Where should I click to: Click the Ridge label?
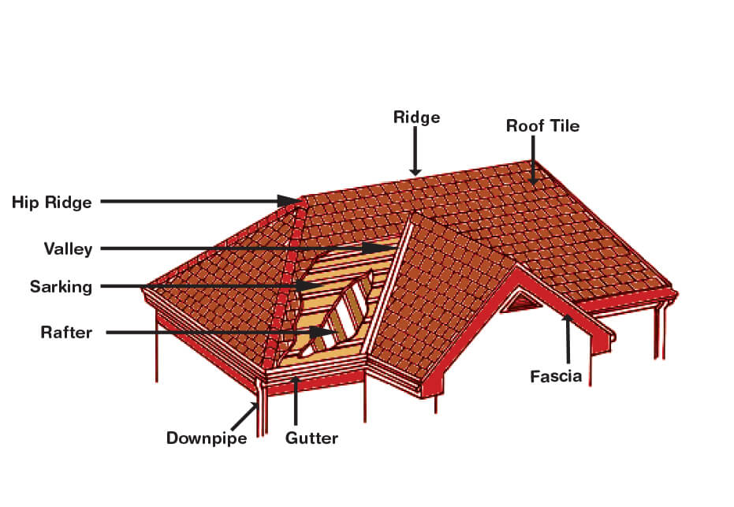[416, 117]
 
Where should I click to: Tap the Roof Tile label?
[542, 126]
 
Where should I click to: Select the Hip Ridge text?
[51, 203]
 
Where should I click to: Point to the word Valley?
[68, 248]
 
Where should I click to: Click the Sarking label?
[61, 286]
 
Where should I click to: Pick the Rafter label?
[66, 333]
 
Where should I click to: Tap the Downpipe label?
[207, 438]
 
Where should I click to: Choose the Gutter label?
[311, 438]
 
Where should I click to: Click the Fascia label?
[556, 376]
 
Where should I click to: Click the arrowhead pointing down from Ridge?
[415, 171]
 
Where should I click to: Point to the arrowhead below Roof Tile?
[533, 179]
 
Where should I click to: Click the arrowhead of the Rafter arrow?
[323, 333]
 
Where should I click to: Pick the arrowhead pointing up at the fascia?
[568, 319]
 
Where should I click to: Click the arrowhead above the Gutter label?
[296, 380]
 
